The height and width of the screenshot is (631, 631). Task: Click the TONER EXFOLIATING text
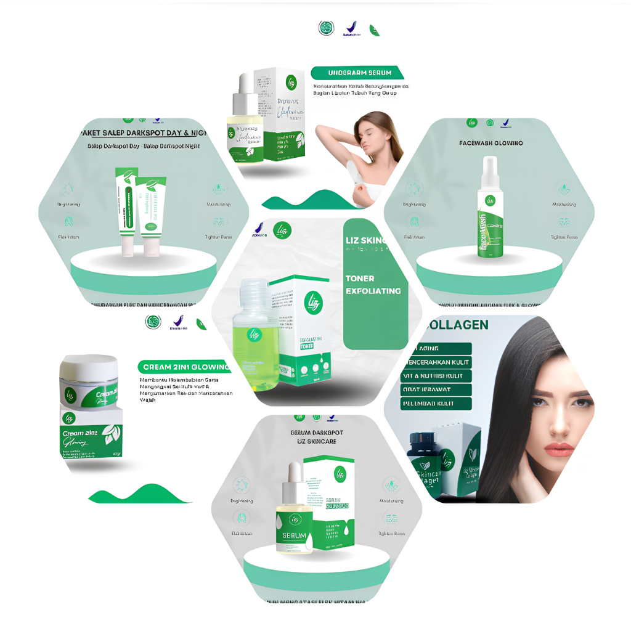point(373,285)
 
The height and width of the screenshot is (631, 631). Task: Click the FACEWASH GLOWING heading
point(491,143)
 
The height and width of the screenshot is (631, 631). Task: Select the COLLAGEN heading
point(457,325)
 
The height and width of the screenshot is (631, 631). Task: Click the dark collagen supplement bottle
point(426,464)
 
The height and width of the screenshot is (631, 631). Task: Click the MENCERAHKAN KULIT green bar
point(438,362)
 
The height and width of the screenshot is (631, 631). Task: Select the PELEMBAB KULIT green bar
point(438,404)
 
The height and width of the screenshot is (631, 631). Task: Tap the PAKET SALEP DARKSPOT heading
point(144,133)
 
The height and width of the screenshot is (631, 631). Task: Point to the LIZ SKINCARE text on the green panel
point(365,240)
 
